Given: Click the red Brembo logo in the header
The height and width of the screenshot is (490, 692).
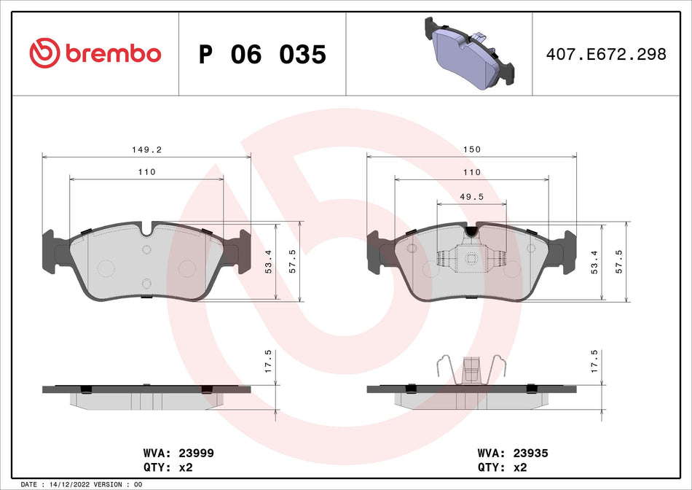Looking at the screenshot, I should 95,53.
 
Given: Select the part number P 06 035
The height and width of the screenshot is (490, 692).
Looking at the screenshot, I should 262,54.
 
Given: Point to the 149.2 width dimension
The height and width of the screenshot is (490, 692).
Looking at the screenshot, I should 146,149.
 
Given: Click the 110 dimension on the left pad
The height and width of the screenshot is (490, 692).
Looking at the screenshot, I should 146,173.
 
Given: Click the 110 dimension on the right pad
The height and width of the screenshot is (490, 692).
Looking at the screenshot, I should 472,173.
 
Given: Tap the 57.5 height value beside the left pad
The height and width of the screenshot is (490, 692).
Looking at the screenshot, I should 292,260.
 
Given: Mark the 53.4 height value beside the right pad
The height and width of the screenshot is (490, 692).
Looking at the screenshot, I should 595,260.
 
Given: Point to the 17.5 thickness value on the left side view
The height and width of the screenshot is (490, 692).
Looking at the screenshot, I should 268,361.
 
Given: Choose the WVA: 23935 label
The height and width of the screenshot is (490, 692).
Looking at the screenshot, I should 508,452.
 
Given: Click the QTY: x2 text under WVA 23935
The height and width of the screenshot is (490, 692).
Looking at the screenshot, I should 501,467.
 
